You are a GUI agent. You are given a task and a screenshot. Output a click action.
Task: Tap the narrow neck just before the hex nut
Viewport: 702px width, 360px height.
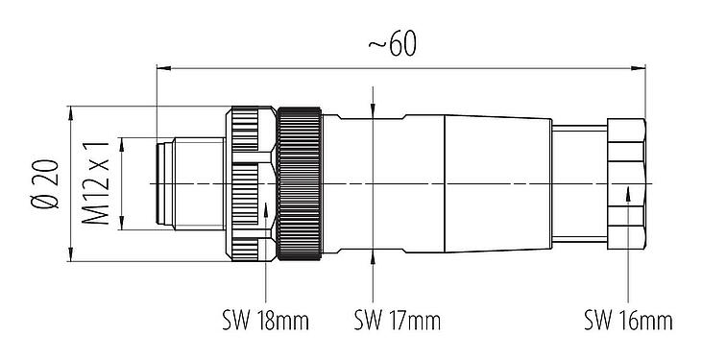(x=575, y=182)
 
